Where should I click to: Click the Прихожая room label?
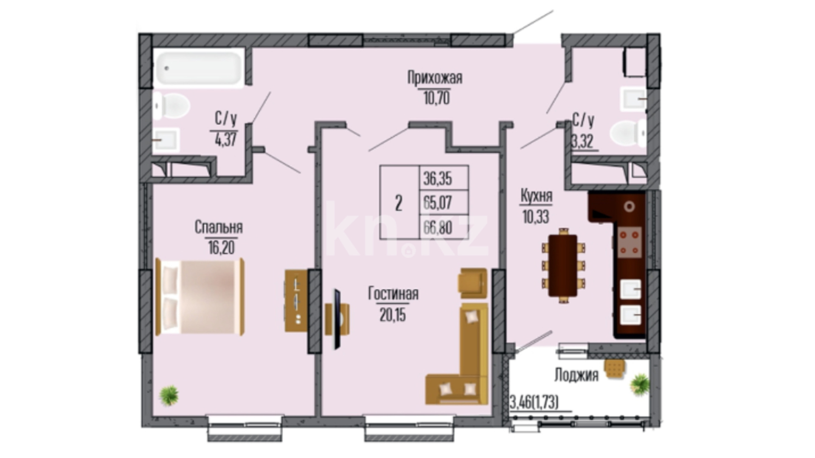pos(435,78)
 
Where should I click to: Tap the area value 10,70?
pos(436,98)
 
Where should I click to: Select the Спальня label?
pos(219,227)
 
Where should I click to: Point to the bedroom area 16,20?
pos(221,247)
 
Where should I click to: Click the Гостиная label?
pos(393,293)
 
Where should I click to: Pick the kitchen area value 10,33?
pos(536,216)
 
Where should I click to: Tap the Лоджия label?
pos(576,375)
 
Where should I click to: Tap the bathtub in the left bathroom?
pos(198,68)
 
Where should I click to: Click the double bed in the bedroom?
pos(200,296)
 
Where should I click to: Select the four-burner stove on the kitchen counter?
pos(629,243)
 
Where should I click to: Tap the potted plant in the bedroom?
pos(169,395)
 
